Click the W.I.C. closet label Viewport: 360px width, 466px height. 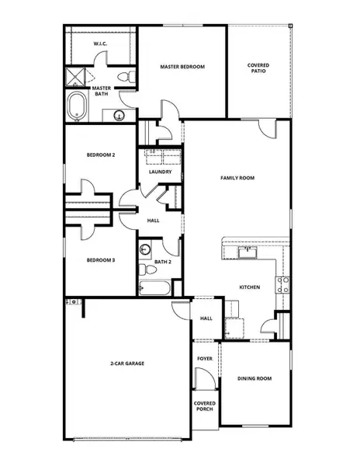[x=100, y=44]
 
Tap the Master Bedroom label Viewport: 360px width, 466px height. [x=182, y=67]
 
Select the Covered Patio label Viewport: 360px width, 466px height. [x=258, y=68]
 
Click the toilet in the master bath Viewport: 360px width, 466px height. [x=126, y=76]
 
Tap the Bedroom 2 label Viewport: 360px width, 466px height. [x=101, y=155]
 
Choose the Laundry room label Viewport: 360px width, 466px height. [x=160, y=172]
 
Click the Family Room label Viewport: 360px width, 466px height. [x=237, y=178]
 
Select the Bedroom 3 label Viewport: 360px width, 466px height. [x=101, y=259]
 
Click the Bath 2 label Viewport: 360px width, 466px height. [x=162, y=262]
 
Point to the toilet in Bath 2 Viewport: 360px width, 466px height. [x=146, y=269]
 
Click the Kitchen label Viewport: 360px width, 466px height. [x=248, y=287]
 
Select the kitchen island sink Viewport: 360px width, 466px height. [x=247, y=252]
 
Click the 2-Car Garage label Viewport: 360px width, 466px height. [x=127, y=363]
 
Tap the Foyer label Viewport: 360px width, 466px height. [x=204, y=359]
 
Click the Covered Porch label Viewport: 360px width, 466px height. [x=205, y=406]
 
